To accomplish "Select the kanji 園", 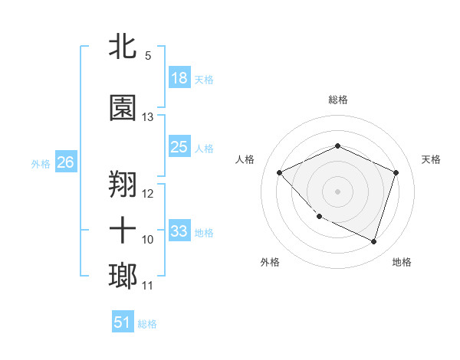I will click(123, 108).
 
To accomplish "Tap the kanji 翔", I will click(123, 185).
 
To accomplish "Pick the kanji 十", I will click(123, 230).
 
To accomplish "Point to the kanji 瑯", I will click(123, 277).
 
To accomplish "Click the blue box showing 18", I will click(179, 77).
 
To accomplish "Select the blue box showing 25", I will click(179, 146).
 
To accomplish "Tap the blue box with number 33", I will click(179, 231).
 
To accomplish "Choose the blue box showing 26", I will click(65, 162).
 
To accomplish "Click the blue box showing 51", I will click(123, 322).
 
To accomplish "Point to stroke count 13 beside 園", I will click(148, 117).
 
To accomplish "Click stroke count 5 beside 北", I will click(148, 56).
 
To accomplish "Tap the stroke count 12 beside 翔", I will click(148, 194).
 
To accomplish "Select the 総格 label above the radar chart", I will click(338, 100).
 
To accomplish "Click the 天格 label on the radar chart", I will click(431, 159).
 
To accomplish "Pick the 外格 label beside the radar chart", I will click(270, 262).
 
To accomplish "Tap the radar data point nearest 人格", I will click(280, 173).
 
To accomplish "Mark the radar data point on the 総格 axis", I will click(337, 146).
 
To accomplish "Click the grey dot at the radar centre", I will click(337, 191).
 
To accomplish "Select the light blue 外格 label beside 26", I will click(41, 163).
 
